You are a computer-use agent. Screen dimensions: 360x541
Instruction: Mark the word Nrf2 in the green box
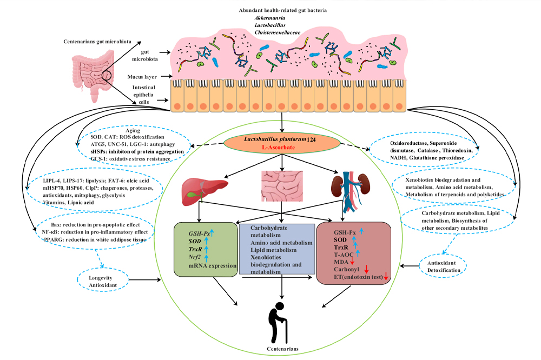[x=196, y=257]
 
